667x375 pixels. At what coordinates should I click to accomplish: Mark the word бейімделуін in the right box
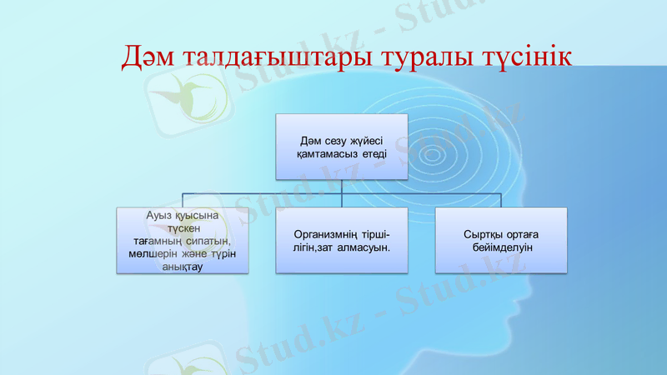[x=501, y=248]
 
